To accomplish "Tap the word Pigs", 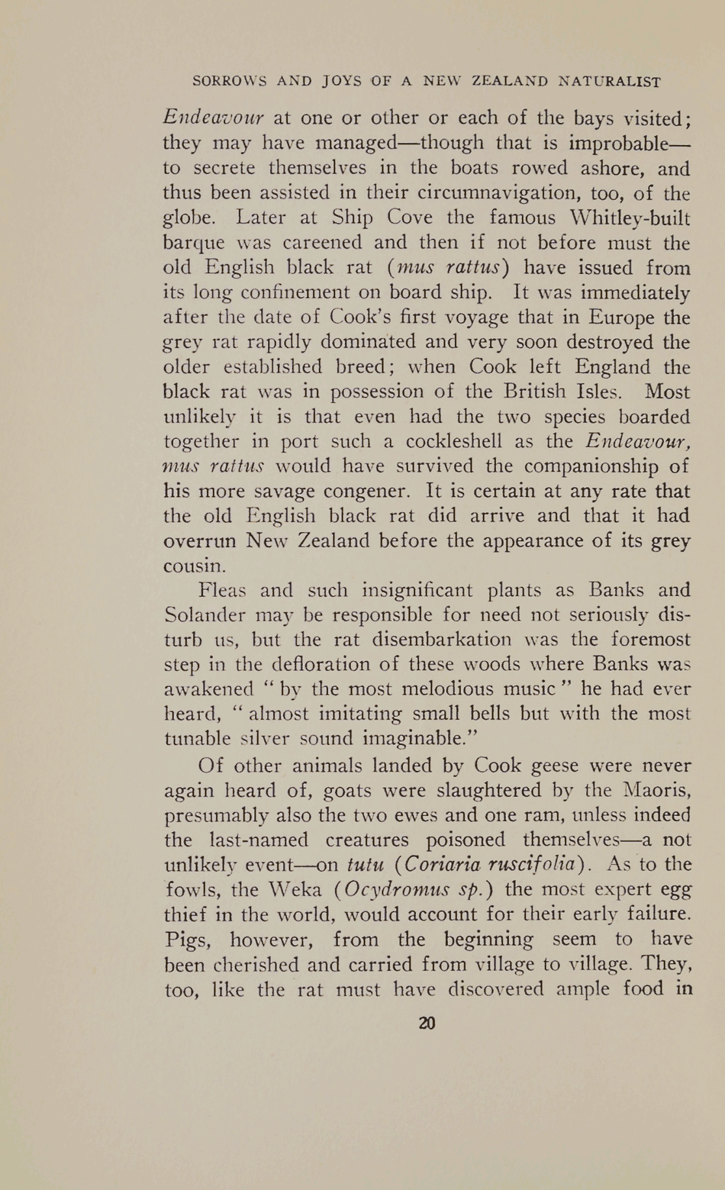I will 186,939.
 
